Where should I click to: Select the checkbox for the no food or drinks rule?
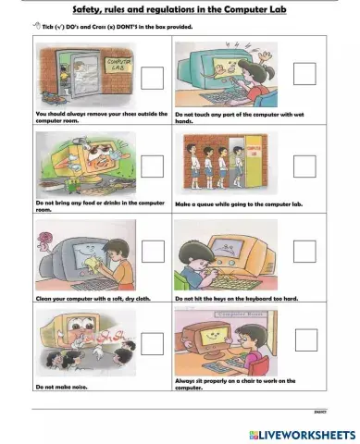tap(153, 166)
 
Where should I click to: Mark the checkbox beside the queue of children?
tap(303, 166)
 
